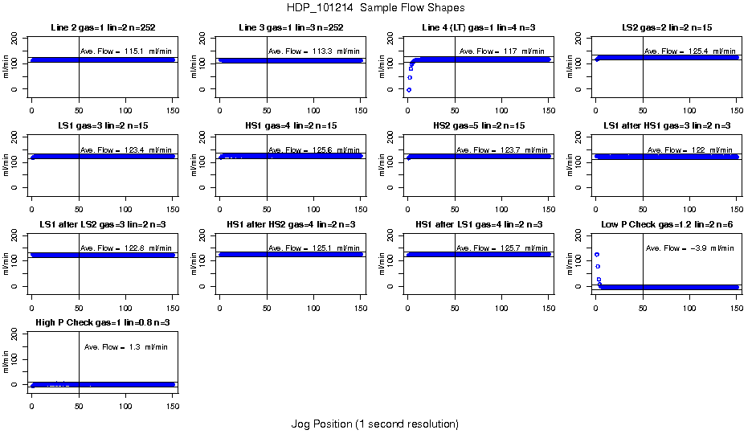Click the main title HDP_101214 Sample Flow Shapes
tap(374, 7)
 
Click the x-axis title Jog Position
tap(374, 424)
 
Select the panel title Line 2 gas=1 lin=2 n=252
tap(101, 28)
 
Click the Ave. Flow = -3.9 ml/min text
tap(689, 248)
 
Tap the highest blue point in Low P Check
tap(597, 255)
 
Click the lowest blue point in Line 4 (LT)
tap(409, 90)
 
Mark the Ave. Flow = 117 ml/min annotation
tap(502, 51)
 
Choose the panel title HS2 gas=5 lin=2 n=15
tap(479, 126)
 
